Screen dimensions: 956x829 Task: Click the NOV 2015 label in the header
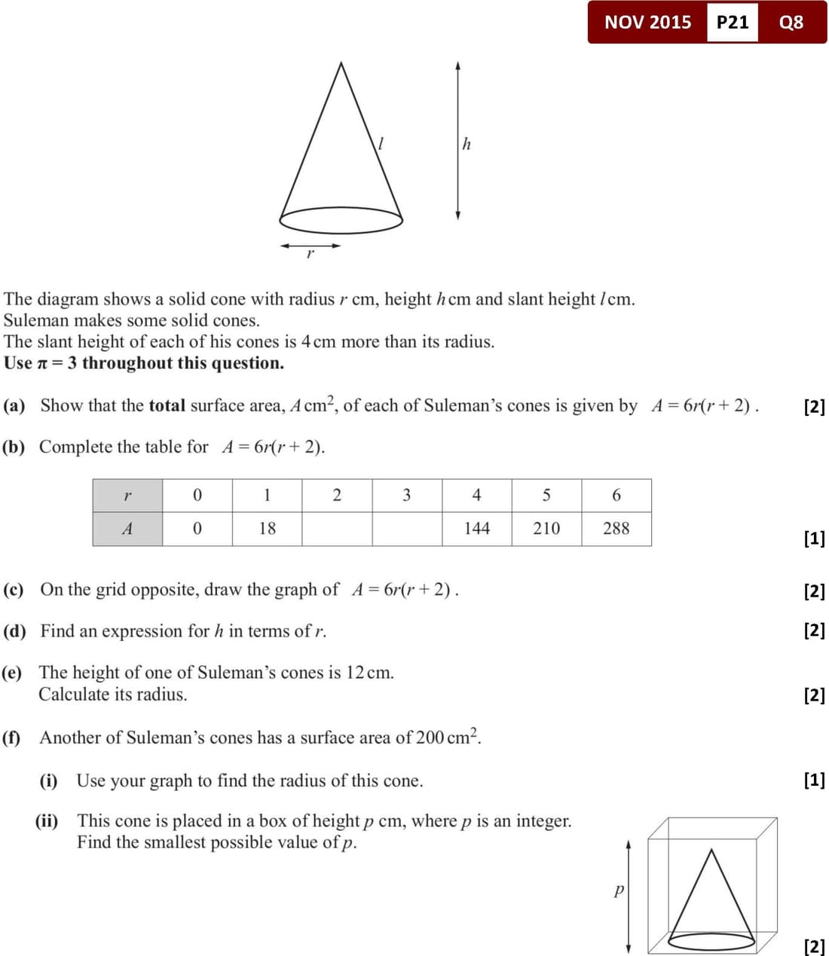tap(647, 23)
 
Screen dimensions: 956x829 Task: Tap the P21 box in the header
tap(733, 23)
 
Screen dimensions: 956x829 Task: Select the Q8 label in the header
tap(791, 23)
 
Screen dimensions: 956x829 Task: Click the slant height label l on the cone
tap(381, 143)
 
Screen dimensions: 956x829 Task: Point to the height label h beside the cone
tap(467, 144)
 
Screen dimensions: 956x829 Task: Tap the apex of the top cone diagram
tap(341, 63)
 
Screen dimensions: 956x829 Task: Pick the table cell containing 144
tap(476, 529)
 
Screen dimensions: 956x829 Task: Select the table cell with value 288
tap(616, 529)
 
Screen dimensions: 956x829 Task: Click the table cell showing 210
tap(546, 529)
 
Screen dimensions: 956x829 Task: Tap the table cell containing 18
tap(267, 529)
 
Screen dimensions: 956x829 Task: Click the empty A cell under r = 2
tap(337, 529)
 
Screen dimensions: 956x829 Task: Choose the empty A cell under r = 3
tap(407, 529)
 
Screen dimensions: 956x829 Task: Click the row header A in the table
tap(127, 529)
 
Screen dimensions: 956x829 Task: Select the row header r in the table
tap(127, 495)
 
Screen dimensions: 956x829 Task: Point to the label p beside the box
tap(619, 890)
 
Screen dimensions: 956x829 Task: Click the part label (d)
tap(14, 631)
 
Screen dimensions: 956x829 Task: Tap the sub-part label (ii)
tap(47, 820)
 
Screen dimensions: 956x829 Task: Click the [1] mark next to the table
tap(814, 539)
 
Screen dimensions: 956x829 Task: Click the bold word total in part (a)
tap(167, 406)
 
